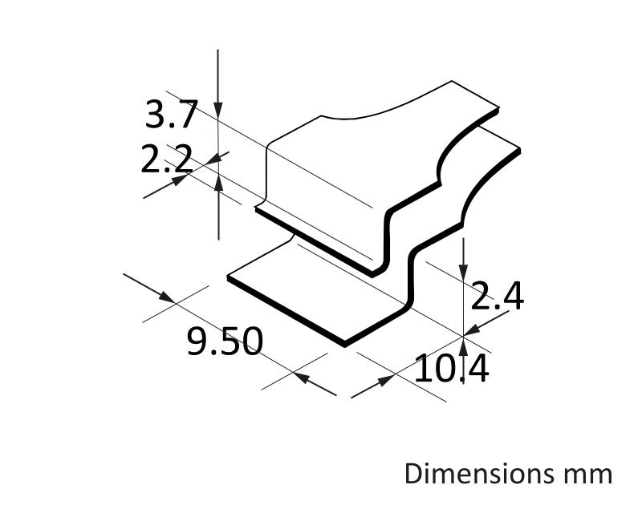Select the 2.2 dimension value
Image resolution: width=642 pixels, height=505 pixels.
pyautogui.click(x=167, y=159)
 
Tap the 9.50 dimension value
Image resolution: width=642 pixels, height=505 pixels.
pyautogui.click(x=225, y=340)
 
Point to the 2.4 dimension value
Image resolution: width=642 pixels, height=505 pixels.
pyautogui.click(x=497, y=296)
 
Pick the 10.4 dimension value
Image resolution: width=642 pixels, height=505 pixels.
pyautogui.click(x=452, y=369)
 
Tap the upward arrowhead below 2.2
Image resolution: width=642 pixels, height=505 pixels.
pyautogui.click(x=218, y=182)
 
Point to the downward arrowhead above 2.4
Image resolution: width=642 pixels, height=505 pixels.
pyautogui.click(x=463, y=273)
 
